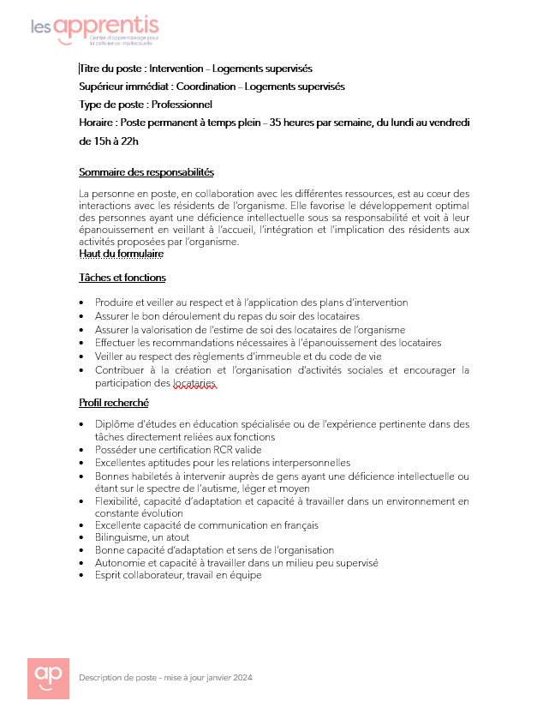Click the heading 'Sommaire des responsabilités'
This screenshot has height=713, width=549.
click(x=146, y=172)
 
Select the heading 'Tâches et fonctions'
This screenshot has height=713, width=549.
click(x=122, y=278)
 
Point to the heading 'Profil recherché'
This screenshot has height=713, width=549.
click(x=113, y=403)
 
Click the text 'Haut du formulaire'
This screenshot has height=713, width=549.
click(x=121, y=254)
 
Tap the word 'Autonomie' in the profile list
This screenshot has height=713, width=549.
click(x=119, y=563)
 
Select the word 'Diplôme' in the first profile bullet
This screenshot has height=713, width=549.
click(x=114, y=424)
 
